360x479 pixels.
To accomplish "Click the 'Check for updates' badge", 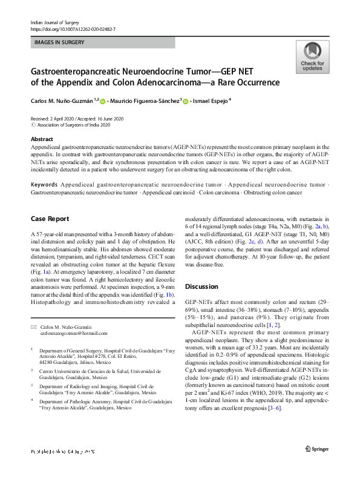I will point(312,58).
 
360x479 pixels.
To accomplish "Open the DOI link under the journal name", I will point(73,29).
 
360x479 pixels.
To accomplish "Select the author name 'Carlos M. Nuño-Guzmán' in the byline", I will point(64,101).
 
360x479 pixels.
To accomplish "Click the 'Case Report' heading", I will point(50,219).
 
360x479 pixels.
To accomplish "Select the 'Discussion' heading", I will point(201,286).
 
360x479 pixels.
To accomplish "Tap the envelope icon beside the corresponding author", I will point(33,327).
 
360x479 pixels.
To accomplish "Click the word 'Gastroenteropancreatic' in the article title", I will point(79,71).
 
